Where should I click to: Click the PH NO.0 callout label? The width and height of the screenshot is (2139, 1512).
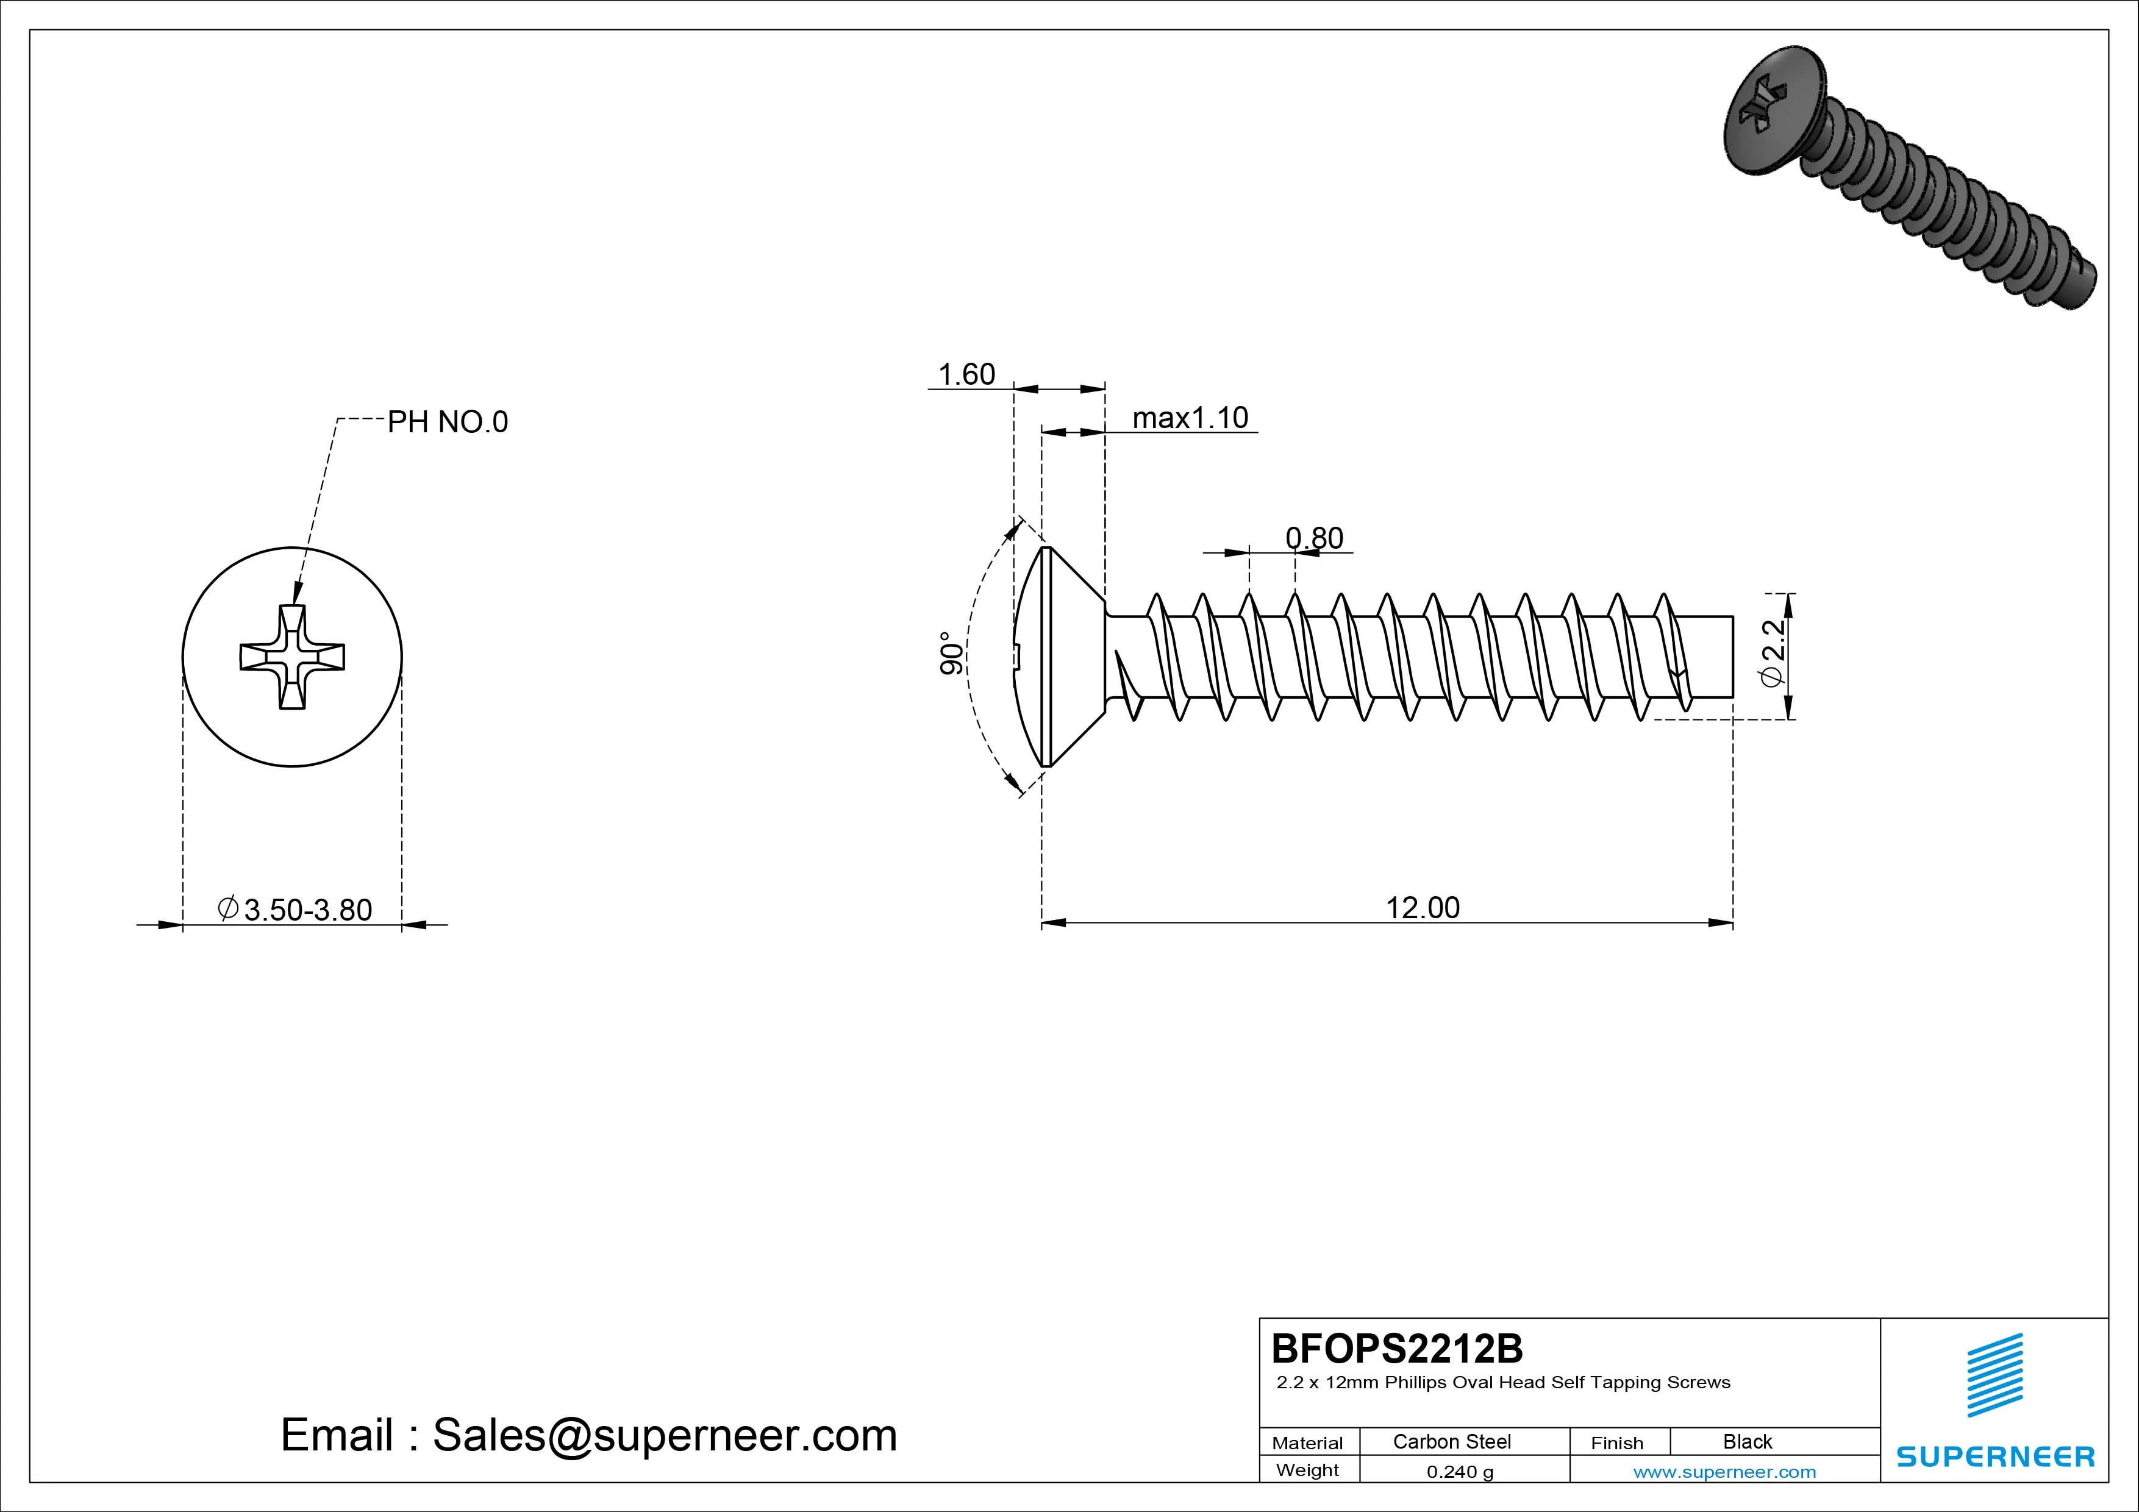(447, 422)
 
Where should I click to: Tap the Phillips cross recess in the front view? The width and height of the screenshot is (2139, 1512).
(293, 657)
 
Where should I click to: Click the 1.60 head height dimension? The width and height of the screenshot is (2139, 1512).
(966, 374)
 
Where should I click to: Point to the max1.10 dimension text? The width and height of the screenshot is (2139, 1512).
(1190, 418)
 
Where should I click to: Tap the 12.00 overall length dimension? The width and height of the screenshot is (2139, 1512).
(1423, 907)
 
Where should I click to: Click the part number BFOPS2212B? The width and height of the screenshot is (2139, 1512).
(1396, 1348)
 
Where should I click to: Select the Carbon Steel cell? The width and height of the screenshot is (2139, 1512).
(1451, 1441)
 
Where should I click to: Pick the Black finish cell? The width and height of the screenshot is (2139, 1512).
(1747, 1441)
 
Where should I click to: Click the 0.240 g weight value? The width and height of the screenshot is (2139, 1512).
(1460, 1472)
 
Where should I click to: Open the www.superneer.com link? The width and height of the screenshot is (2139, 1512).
(1724, 1472)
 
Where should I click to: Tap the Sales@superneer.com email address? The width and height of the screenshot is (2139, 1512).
(664, 1436)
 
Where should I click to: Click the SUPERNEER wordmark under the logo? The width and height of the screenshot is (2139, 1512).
(1994, 1456)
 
